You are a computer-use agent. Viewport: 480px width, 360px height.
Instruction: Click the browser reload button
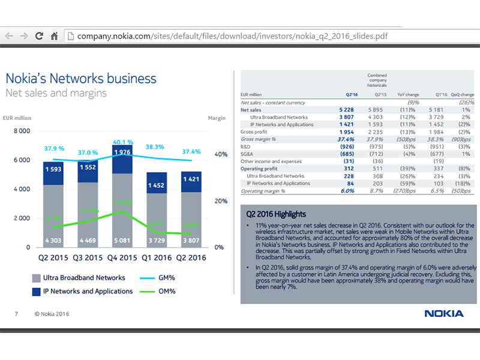(x=39, y=36)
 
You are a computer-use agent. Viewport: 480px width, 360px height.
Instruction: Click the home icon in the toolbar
(x=54, y=36)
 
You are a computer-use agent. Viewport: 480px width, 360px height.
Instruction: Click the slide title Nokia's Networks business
(x=80, y=79)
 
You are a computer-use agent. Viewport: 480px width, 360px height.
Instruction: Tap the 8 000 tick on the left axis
(x=21, y=131)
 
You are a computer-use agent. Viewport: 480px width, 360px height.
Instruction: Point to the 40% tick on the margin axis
(x=221, y=154)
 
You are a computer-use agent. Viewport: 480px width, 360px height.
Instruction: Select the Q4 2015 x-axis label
(x=122, y=258)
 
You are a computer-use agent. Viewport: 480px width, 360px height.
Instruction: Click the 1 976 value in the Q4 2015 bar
(x=122, y=152)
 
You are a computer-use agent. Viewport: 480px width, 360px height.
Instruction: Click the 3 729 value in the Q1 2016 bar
(x=157, y=240)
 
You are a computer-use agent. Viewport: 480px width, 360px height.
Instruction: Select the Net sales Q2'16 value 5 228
(x=348, y=110)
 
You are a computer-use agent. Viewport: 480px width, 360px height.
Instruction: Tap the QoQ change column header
(x=462, y=95)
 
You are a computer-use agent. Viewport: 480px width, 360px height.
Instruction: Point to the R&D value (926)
(x=348, y=146)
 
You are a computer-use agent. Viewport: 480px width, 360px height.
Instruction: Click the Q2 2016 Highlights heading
(x=277, y=214)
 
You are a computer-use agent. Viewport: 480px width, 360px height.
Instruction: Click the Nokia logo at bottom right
(x=443, y=313)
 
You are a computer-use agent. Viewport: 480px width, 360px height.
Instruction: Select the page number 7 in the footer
(x=16, y=313)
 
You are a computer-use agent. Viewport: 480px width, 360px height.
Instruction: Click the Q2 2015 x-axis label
(x=53, y=258)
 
